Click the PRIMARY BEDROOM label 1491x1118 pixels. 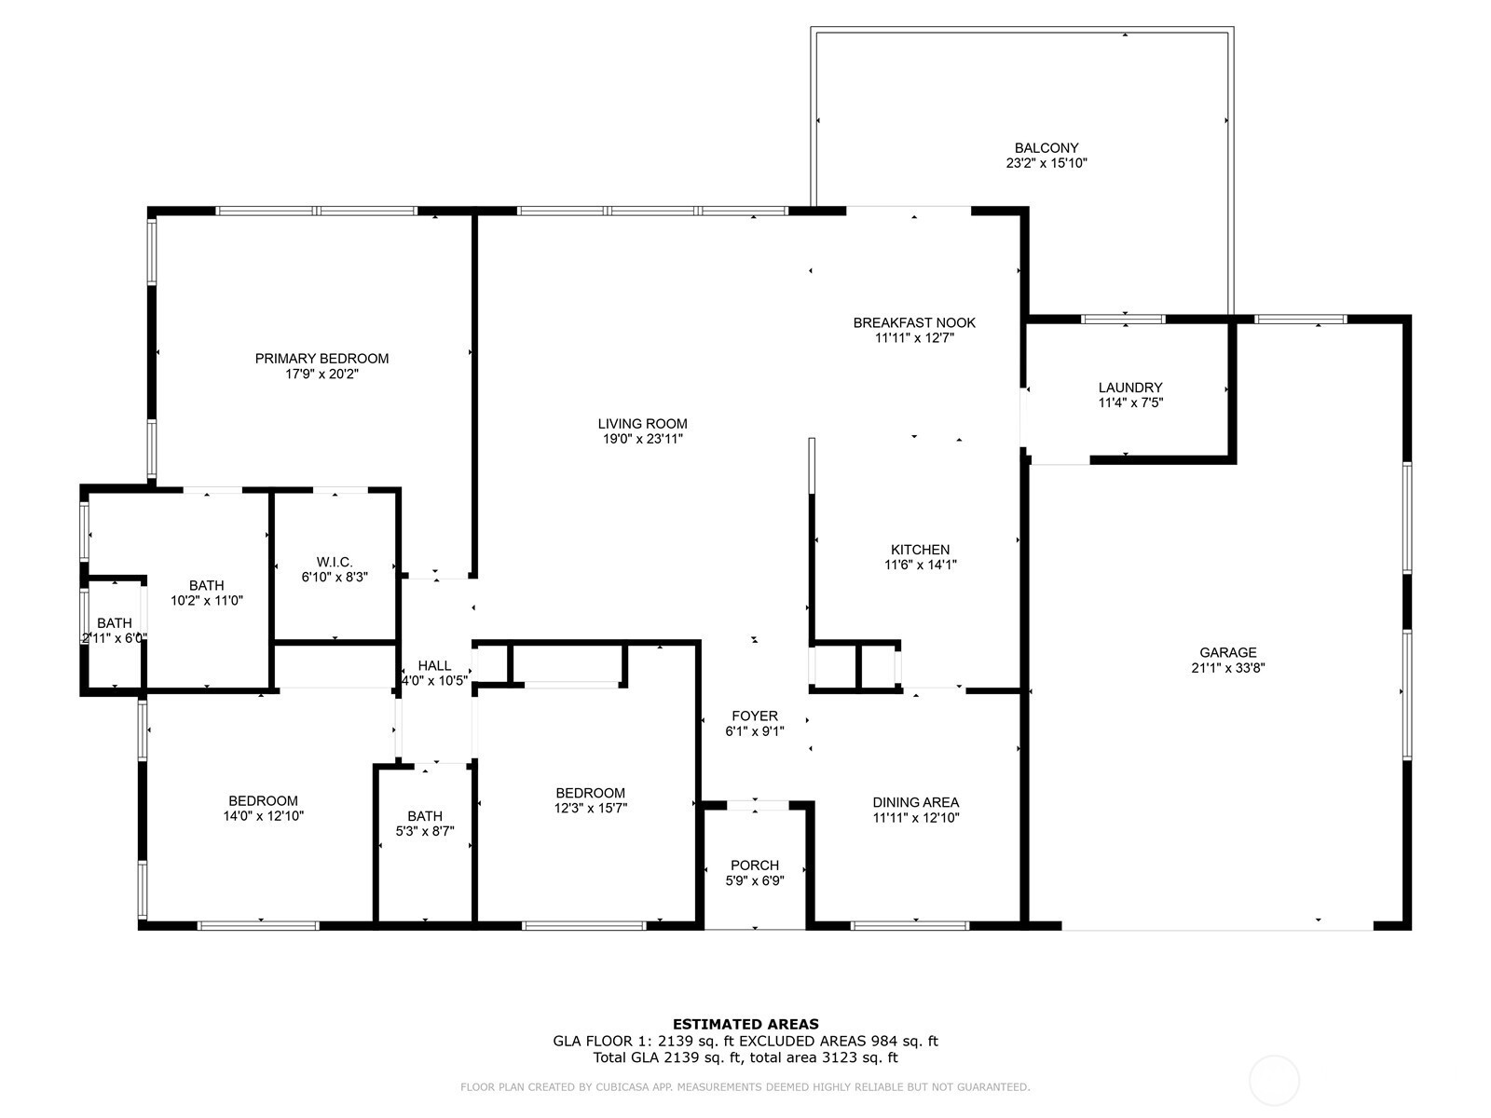(322, 359)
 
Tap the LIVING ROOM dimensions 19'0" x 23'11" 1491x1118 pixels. (643, 439)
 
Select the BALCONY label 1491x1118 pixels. (1046, 148)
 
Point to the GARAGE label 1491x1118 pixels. (1227, 652)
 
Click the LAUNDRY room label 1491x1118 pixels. (1130, 388)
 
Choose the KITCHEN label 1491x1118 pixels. (921, 550)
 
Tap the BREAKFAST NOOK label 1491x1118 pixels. (914, 323)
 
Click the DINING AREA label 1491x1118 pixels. (916, 803)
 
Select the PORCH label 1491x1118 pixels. (755, 866)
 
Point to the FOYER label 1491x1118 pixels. (755, 716)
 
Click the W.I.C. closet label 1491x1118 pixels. (335, 562)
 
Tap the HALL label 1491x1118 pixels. (435, 666)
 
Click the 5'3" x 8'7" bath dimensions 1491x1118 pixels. (425, 831)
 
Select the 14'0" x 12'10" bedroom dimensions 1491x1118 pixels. (264, 816)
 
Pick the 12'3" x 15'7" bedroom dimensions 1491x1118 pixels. (590, 808)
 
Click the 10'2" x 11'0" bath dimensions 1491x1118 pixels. (207, 601)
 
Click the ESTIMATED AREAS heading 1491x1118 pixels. (745, 1024)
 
